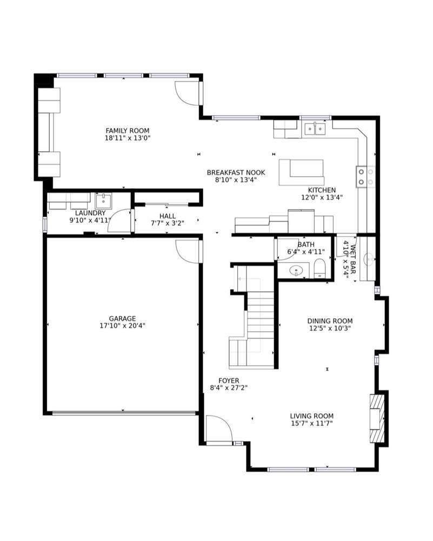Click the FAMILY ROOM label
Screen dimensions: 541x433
click(x=127, y=131)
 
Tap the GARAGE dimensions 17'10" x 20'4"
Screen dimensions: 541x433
click(x=122, y=326)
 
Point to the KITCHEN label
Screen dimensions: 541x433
click(x=322, y=190)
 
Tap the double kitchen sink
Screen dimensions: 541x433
click(x=315, y=129)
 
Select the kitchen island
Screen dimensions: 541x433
click(x=302, y=172)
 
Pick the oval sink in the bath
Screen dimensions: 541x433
click(x=296, y=270)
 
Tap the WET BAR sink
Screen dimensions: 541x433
click(x=370, y=258)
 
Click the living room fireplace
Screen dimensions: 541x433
click(x=377, y=418)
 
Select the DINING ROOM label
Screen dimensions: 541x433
click(x=330, y=320)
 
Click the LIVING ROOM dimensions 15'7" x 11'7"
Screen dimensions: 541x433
click(x=311, y=423)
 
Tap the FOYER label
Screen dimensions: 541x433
click(x=229, y=380)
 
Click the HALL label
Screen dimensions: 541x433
click(x=167, y=216)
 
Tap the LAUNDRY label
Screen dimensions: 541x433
click(x=90, y=213)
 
